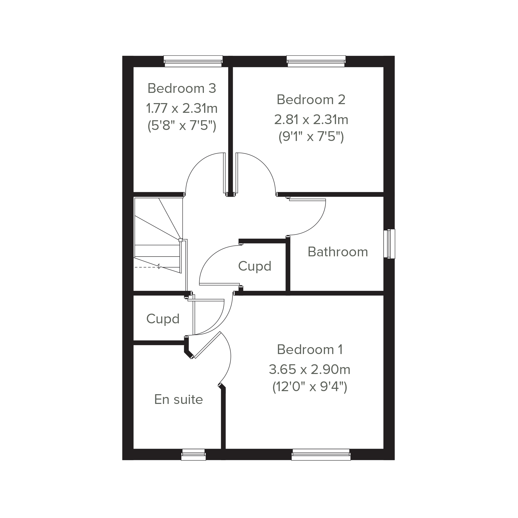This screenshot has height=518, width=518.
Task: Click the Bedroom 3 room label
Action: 182,88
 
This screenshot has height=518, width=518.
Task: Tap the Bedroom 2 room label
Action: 311,100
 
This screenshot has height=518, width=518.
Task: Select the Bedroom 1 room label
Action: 310,349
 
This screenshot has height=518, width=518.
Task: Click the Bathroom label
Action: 338,252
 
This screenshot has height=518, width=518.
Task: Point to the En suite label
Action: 179,400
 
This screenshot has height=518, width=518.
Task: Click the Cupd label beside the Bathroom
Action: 255,266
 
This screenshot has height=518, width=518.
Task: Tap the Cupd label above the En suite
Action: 163,319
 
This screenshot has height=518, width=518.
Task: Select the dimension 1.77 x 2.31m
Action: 182,108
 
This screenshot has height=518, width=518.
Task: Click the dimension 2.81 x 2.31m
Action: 311,119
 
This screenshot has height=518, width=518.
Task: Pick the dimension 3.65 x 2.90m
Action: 310,369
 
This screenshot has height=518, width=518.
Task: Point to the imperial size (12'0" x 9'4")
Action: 310,387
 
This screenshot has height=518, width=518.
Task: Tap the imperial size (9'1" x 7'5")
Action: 311,137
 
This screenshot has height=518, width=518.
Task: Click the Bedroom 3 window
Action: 193,61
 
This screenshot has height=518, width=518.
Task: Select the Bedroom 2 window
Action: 316,61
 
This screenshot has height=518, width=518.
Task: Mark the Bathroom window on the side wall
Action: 389,244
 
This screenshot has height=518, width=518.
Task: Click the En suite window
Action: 193,455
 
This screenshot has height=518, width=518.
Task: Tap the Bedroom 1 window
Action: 321,455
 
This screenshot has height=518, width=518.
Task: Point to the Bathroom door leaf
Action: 307,200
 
